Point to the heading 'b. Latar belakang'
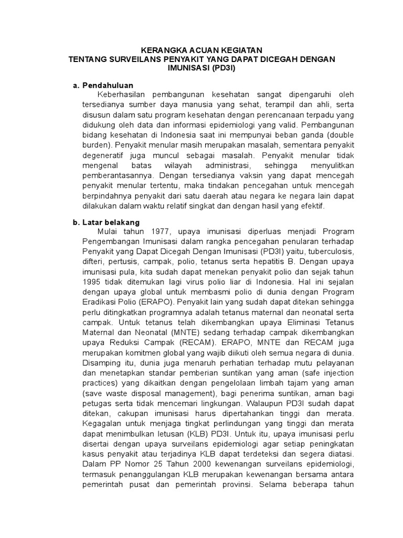coord(107,222)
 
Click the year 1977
coord(160,232)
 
